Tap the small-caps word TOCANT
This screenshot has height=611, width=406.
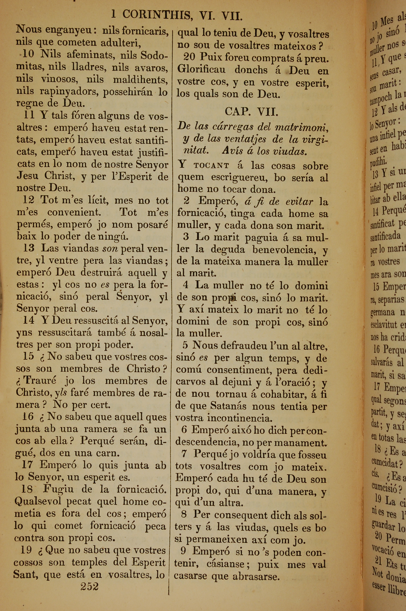[211, 166]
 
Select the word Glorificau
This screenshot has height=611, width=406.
[201, 70]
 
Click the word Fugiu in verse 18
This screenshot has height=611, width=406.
[58, 489]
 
